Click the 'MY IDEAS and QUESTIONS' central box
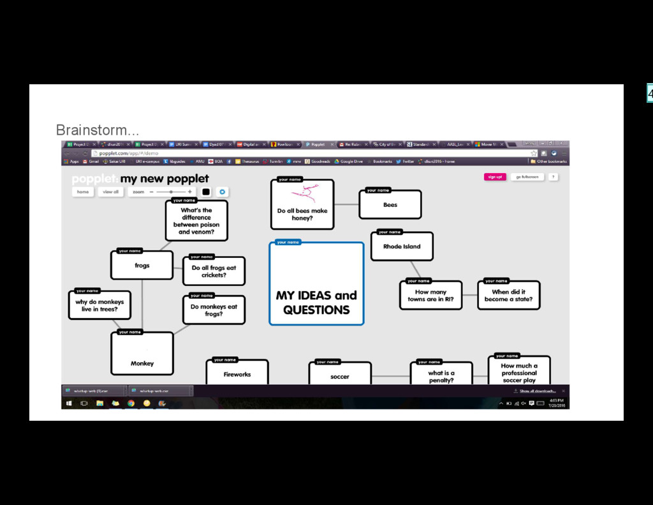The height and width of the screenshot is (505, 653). coord(316,284)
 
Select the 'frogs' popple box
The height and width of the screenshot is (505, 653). coord(142,265)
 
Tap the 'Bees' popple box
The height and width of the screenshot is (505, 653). coord(390,204)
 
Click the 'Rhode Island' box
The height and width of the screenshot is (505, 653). coord(402,246)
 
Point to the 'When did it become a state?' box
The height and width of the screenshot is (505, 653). coord(508,296)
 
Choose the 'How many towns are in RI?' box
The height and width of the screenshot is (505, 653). coord(430,296)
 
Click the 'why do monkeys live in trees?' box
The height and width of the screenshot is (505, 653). coord(99,305)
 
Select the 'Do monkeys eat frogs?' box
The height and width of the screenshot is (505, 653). coord(214,310)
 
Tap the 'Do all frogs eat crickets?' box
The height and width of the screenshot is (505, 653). coord(214,271)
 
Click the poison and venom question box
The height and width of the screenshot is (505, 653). coord(196,220)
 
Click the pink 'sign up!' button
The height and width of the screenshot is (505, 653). coord(494,177)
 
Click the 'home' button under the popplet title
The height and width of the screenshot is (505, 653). coord(83,192)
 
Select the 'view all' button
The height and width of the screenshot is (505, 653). coord(111,192)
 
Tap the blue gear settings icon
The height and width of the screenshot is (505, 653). coord(222,192)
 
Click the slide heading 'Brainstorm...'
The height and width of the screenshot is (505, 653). coord(97,130)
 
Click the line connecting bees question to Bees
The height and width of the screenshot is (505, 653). coord(346,204)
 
